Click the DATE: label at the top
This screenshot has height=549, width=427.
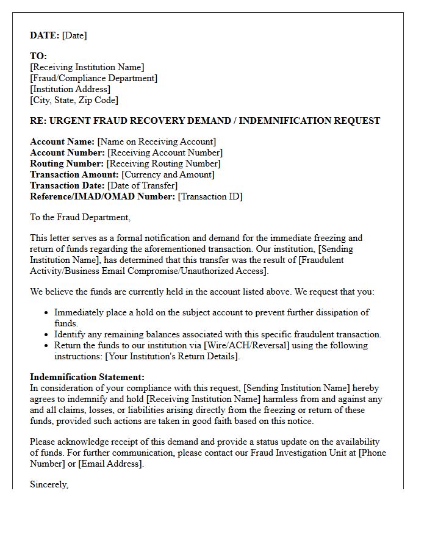pyautogui.click(x=45, y=35)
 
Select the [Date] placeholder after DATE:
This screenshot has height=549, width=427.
pyautogui.click(x=74, y=35)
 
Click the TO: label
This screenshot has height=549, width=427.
pyautogui.click(x=38, y=56)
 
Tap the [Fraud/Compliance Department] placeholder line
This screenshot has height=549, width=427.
pyautogui.click(x=93, y=78)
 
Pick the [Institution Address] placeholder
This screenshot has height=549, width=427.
pyautogui.click(x=70, y=89)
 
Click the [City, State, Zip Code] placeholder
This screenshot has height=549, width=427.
pyautogui.click(x=74, y=100)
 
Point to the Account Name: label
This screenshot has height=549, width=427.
pyautogui.click(x=62, y=142)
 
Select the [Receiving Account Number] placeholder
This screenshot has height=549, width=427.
pyautogui.click(x=165, y=152)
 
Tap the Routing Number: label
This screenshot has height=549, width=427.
pyautogui.click(x=67, y=163)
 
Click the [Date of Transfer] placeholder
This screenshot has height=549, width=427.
pyautogui.click(x=142, y=185)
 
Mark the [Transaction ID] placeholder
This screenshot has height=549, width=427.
pyautogui.click(x=210, y=196)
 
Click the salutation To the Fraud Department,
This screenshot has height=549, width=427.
pyautogui.click(x=80, y=217)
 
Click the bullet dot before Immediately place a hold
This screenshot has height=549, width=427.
pyautogui.click(x=47, y=313)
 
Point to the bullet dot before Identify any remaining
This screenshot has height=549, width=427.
pyautogui.click(x=47, y=335)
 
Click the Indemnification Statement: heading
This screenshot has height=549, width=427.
pyautogui.click(x=87, y=378)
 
